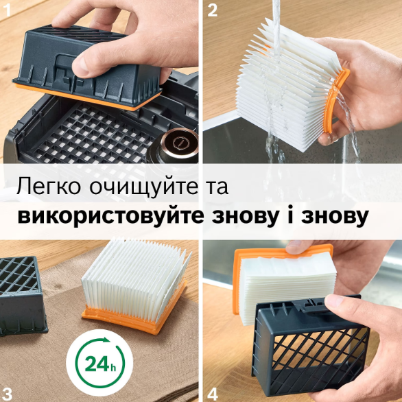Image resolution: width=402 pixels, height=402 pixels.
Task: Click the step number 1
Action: (8, 10)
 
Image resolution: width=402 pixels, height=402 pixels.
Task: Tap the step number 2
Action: (212, 10)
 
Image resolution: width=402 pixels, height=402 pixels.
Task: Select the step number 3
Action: (7, 393)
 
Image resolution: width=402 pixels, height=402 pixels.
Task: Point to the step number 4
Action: (213, 394)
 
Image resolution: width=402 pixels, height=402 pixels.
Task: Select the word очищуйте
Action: (144, 187)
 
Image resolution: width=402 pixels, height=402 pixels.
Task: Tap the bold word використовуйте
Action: (110, 217)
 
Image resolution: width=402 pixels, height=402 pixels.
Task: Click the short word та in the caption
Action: (217, 188)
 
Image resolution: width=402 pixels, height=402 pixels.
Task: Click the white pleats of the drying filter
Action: (136, 278)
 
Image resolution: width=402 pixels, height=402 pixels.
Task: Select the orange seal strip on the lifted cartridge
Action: (87, 97)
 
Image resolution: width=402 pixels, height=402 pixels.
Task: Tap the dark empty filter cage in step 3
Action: (22, 295)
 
